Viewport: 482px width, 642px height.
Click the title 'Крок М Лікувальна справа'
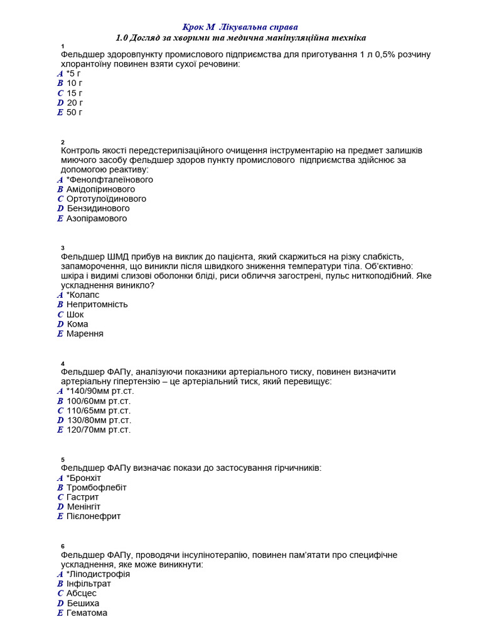240,27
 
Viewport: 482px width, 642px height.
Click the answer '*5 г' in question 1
74,73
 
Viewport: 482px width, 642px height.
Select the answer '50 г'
75,112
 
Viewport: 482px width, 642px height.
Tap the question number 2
63,142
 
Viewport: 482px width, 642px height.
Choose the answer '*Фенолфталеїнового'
109,179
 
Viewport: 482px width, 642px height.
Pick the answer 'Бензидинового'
98,208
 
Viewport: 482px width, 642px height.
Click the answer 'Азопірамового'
97,218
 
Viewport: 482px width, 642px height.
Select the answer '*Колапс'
82,295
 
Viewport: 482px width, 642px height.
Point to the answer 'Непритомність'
97,304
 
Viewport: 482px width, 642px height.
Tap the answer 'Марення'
85,334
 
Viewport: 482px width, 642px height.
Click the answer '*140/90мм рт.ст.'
100,391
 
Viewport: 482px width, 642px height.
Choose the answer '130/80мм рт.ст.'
99,420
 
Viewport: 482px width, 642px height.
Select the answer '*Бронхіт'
83,478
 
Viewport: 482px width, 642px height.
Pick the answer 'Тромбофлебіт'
96,487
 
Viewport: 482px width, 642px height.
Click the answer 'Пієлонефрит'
94,516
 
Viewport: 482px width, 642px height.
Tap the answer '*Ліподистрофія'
98,574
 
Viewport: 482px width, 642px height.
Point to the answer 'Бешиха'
83,603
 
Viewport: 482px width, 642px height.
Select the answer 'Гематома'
87,613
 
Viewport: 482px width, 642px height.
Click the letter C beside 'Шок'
60,315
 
